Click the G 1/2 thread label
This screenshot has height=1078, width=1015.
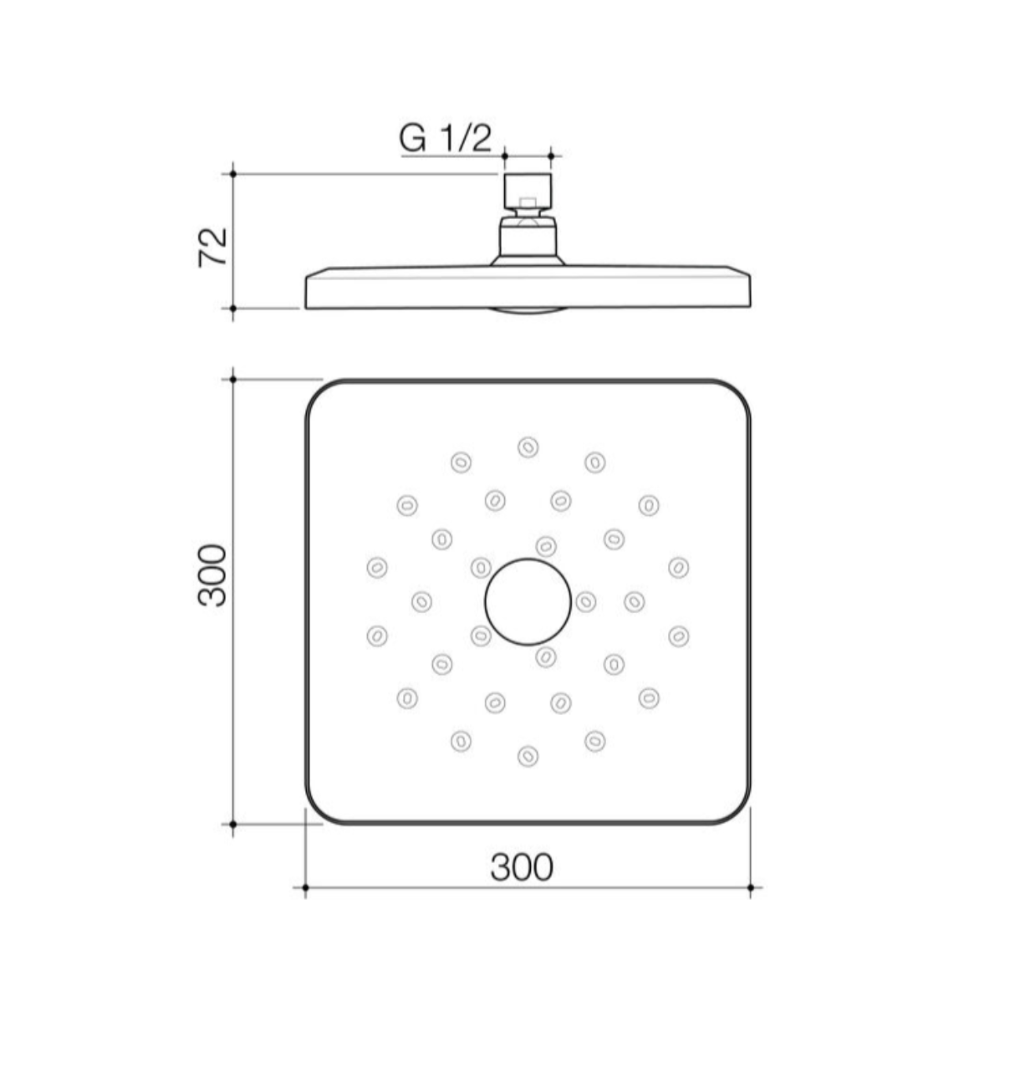[445, 139]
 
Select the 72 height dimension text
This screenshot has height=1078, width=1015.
[212, 248]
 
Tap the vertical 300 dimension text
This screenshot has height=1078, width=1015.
[212, 575]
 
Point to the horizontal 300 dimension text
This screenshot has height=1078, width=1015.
[522, 867]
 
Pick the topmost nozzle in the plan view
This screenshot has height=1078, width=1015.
[528, 447]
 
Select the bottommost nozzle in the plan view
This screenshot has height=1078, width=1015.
[528, 756]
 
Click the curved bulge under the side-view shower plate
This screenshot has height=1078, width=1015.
[528, 311]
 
